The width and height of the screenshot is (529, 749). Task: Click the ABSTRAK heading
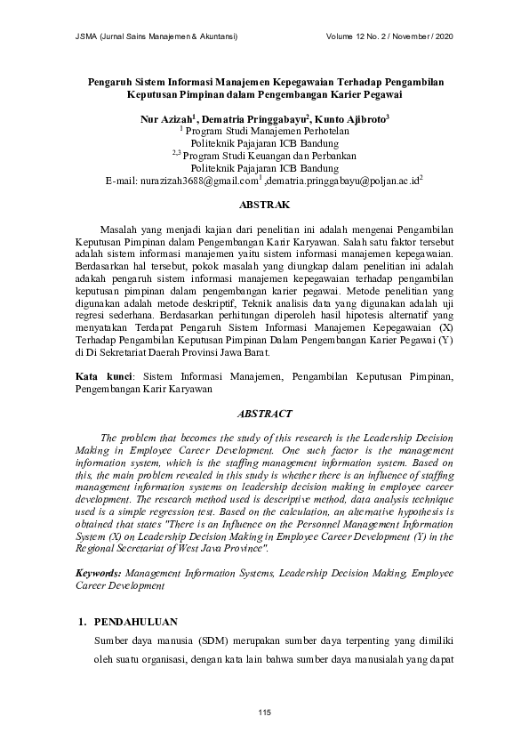coord(264,204)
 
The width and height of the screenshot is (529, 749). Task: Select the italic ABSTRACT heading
coord(264,414)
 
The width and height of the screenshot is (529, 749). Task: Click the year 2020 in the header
coord(439,36)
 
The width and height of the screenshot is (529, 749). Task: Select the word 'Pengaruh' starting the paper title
coord(110,81)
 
